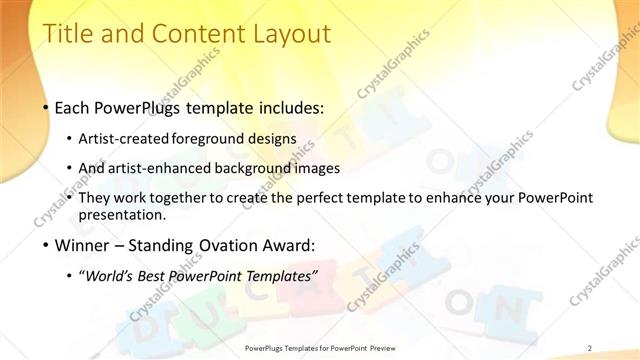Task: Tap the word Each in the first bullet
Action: (x=76, y=107)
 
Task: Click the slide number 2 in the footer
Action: (x=590, y=348)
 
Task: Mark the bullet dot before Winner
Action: (x=47, y=245)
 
